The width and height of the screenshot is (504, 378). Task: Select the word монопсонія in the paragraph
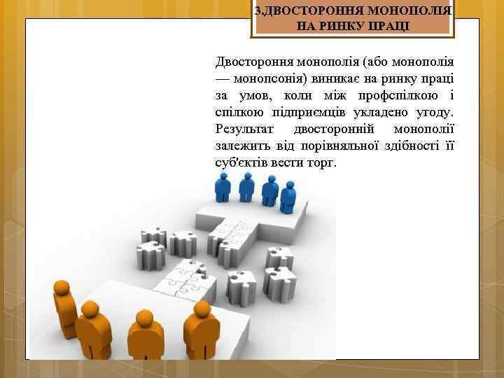pos(269,76)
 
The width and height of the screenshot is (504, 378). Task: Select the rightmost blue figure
pos(288,197)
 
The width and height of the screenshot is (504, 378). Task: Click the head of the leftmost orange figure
pos(62,287)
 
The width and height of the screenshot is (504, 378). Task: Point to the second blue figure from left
pos(246,186)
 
